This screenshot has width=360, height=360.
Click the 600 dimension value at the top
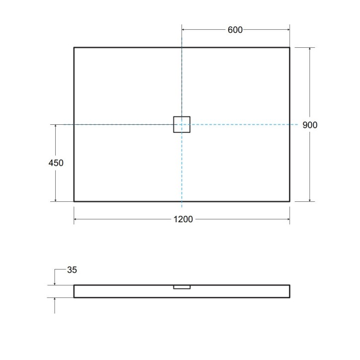point(235,30)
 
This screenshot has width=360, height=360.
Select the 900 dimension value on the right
point(310,125)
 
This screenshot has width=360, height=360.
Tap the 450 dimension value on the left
point(56,163)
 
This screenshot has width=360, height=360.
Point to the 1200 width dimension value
point(182,220)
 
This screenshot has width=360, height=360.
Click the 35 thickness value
point(72,270)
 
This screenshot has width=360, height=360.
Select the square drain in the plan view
point(181,124)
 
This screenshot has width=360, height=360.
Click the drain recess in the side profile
point(181,287)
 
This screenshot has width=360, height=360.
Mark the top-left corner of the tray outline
point(74,47)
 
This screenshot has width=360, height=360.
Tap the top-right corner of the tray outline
point(289,47)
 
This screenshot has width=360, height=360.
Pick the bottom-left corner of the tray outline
point(74,201)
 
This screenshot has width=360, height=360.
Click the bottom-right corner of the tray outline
point(289,201)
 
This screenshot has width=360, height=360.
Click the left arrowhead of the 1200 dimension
point(76,220)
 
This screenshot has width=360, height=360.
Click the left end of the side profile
point(75,291)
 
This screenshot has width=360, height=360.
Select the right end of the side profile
point(289,291)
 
